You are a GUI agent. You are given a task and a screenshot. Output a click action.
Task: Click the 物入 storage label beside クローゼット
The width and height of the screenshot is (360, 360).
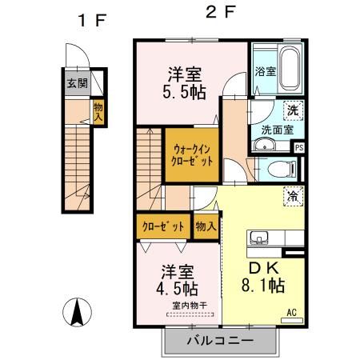tap(205, 226)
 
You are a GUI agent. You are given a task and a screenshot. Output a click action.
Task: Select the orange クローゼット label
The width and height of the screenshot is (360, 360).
tap(162, 226)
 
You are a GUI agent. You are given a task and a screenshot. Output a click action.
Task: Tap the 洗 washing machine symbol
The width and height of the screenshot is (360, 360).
tap(293, 110)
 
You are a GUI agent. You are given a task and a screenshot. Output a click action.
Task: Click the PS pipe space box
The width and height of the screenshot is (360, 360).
tap(299, 147)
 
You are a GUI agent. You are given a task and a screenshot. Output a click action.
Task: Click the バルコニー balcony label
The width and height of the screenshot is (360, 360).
tap(221, 342)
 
